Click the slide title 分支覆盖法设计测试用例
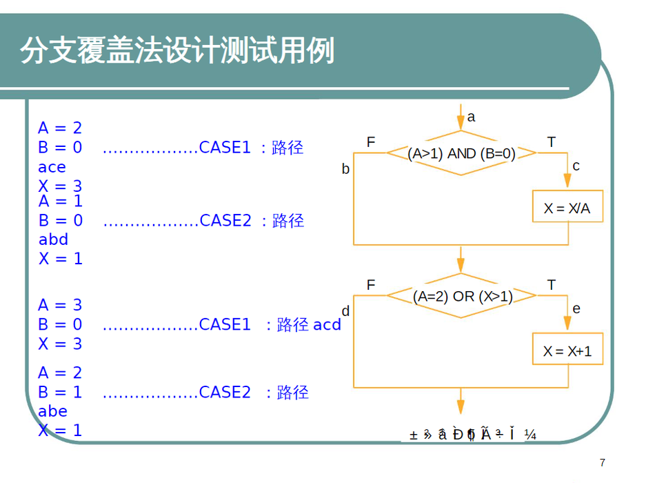(177, 51)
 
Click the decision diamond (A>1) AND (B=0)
(461, 154)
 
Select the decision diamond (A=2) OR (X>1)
(461, 296)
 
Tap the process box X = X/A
(567, 207)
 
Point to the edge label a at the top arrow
(472, 117)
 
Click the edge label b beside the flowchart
(346, 169)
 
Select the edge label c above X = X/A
(576, 166)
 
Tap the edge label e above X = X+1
(576, 308)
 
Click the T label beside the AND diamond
(552, 142)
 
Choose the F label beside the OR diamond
(371, 285)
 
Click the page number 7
(603, 462)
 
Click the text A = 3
(60, 305)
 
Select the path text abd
(53, 239)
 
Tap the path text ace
(52, 167)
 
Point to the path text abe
(53, 411)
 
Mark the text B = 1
(60, 392)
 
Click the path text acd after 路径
(327, 324)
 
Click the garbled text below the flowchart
(472, 434)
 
